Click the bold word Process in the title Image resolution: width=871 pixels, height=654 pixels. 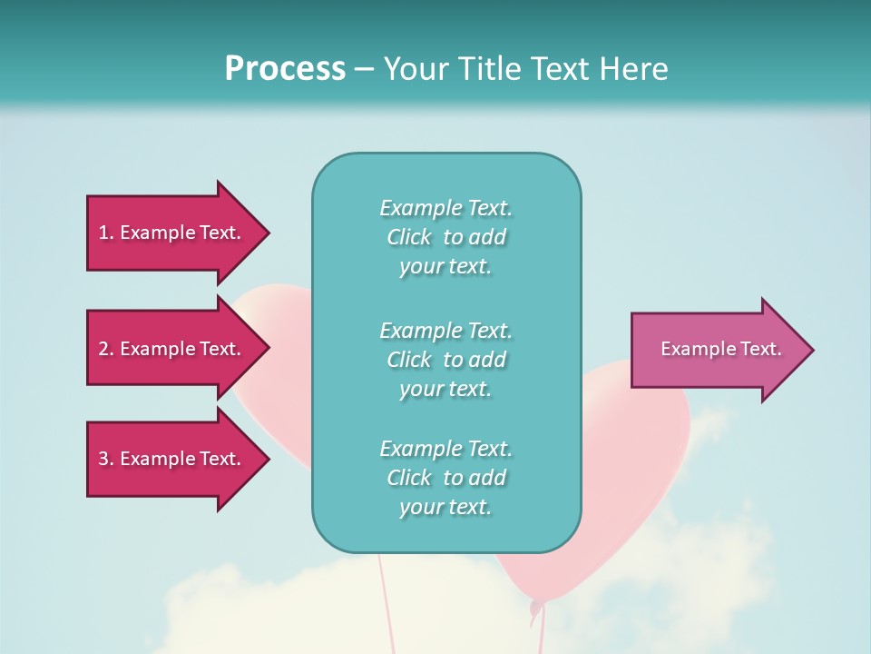coord(285,68)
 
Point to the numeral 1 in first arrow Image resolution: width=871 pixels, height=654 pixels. coord(103,233)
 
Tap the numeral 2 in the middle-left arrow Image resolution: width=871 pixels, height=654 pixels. coord(103,349)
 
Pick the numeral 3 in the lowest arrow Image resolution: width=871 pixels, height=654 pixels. coord(103,459)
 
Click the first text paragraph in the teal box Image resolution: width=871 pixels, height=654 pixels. coord(445,237)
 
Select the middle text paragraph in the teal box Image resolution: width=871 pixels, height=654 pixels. coord(445,360)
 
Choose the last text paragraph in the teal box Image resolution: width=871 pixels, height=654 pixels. coord(445,478)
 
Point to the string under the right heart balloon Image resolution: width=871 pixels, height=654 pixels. coord(542,631)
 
